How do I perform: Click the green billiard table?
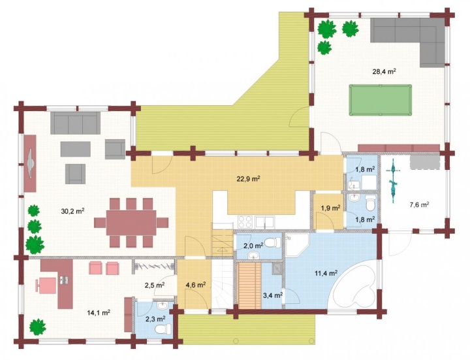point(380,100)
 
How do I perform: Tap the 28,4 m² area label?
point(384,71)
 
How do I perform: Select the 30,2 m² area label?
point(72,211)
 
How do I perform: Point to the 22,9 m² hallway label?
point(248,179)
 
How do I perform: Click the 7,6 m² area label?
point(419,205)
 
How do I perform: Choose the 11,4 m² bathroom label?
point(326,273)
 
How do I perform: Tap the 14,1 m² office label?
point(99,313)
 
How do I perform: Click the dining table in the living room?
point(131,223)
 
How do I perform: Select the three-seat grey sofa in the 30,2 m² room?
point(75,123)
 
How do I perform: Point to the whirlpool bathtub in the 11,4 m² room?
point(354,285)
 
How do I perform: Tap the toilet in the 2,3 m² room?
point(161,330)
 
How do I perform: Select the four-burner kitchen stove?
point(245,222)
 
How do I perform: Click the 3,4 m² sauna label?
point(273,295)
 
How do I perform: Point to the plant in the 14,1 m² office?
point(38,327)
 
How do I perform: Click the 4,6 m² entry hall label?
point(196,284)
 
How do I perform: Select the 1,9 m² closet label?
point(330,208)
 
